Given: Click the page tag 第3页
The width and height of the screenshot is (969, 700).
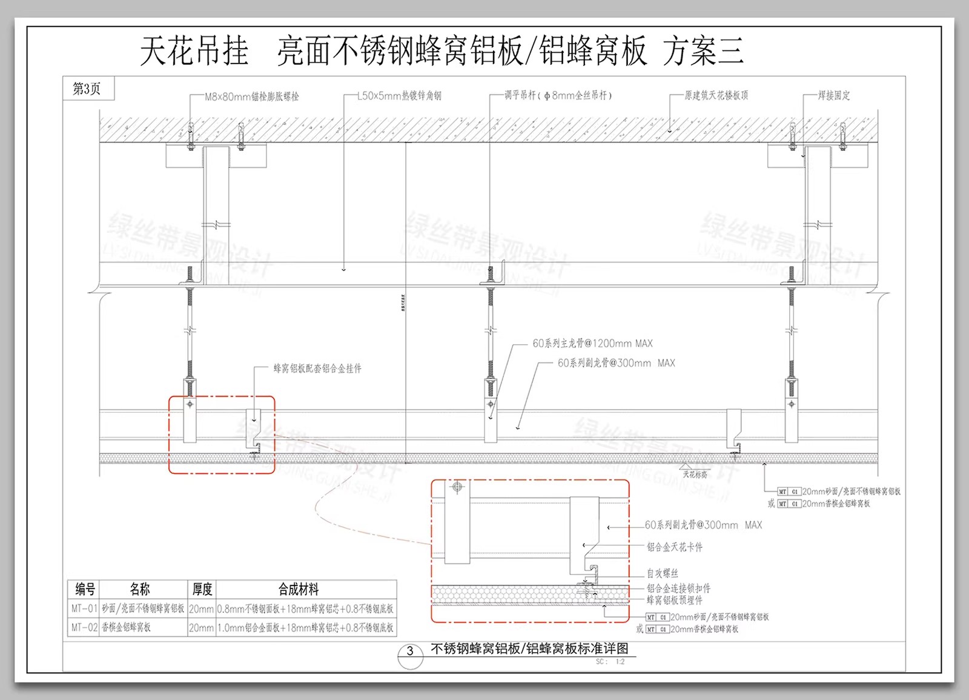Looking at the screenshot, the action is [87, 88].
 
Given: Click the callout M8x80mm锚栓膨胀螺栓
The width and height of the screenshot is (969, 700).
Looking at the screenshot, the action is [251, 96].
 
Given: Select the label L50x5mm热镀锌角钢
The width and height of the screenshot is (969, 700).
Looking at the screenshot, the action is [399, 96].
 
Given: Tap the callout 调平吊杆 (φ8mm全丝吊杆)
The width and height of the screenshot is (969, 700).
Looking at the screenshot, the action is [558, 95].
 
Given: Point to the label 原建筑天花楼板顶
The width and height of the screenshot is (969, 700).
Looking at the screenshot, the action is [716, 95].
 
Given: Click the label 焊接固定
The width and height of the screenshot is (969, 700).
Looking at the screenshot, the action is [834, 95].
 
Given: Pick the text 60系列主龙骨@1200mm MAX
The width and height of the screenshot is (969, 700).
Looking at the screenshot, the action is [592, 344].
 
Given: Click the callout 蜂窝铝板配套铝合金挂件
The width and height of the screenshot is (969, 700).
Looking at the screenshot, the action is [317, 368].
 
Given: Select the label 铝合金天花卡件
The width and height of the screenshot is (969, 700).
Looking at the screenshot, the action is [674, 547].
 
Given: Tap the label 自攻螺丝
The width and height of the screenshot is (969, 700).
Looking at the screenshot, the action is [662, 573].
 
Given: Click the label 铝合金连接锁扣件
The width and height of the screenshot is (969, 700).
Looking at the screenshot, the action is [678, 588].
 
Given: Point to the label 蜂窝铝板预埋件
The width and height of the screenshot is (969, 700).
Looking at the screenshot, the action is [674, 600].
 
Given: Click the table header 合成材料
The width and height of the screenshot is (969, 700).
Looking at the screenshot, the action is [299, 588].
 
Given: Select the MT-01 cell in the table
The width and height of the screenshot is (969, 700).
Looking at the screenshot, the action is [84, 608].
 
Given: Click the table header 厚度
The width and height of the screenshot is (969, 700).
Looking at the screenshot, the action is [202, 588].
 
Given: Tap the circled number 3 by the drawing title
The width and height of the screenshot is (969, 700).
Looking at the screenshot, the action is [410, 652].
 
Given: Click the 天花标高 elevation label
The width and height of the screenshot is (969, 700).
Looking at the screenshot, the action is [695, 475].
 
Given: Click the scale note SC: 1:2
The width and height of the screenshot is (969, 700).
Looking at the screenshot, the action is [610, 662].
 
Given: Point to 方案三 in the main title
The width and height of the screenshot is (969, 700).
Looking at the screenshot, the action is [703, 51].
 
